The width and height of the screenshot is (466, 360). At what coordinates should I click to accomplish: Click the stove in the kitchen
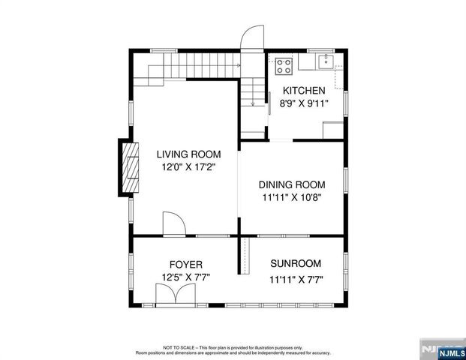(x=284, y=65)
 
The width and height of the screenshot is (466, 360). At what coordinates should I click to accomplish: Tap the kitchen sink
(x=325, y=62)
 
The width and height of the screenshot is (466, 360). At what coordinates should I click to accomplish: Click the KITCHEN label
(x=304, y=90)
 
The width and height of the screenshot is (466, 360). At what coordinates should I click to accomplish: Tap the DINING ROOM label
(x=292, y=184)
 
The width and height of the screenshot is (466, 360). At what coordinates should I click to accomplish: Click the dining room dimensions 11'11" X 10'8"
(x=292, y=198)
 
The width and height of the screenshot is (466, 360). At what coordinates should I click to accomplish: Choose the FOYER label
(x=185, y=264)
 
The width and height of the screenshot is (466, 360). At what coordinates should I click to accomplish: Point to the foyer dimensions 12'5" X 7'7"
(x=185, y=277)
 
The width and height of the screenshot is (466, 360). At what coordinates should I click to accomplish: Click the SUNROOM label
(x=296, y=263)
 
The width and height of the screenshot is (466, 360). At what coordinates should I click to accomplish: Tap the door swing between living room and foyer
(x=172, y=223)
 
